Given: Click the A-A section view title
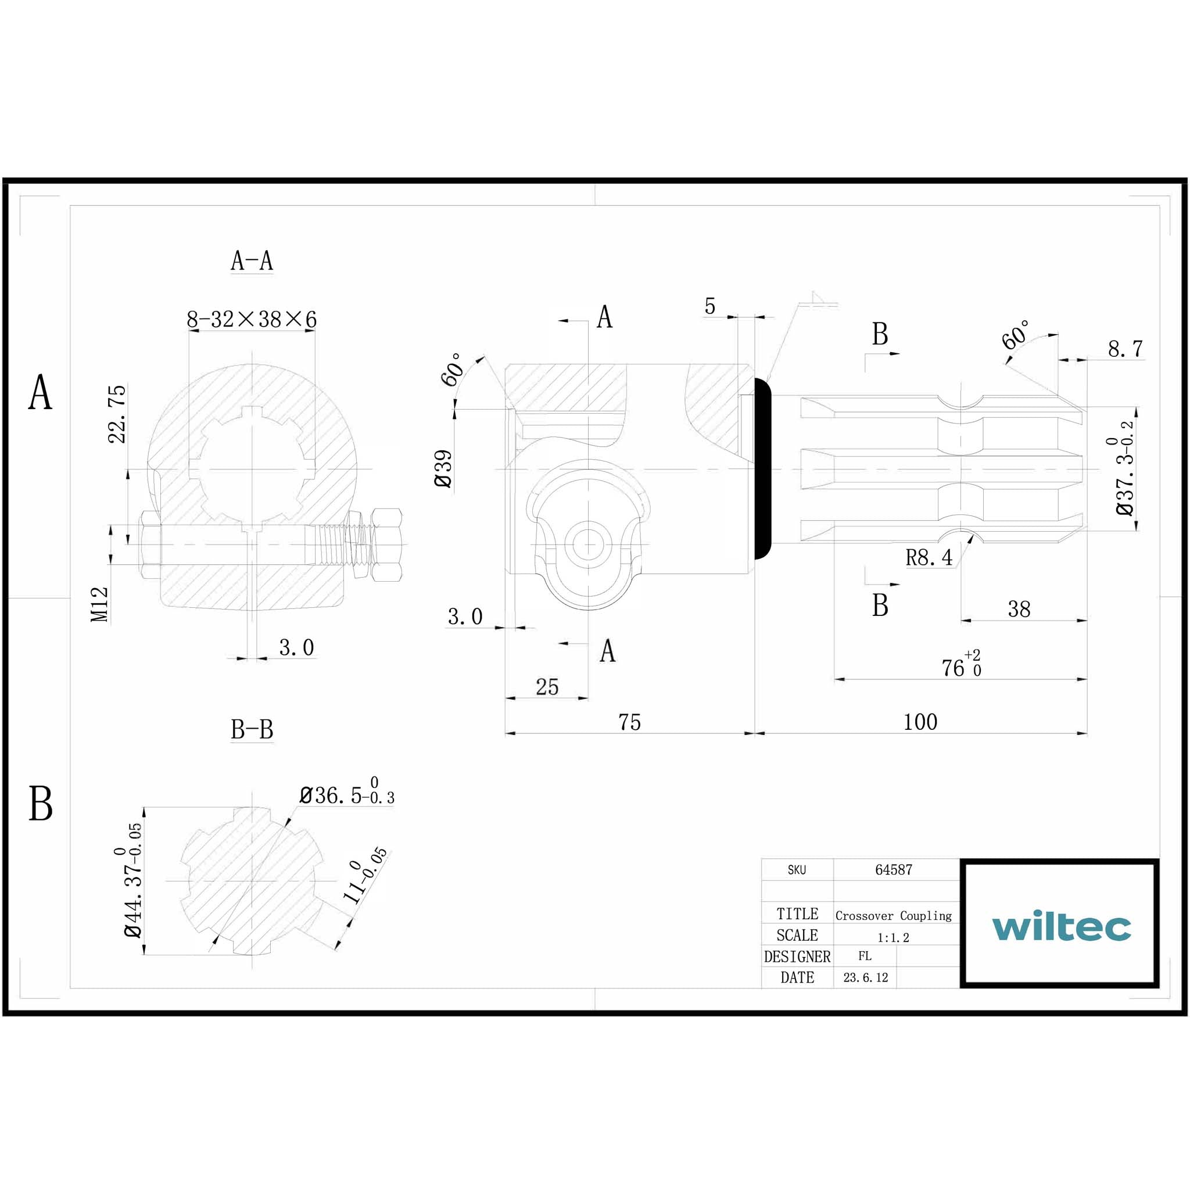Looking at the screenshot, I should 252,260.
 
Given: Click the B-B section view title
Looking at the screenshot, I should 252,729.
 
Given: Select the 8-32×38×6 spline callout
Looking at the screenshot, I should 252,319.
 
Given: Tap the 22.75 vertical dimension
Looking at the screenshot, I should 117,414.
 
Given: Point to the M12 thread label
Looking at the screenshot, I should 99,604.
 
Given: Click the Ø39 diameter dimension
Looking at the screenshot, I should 443,469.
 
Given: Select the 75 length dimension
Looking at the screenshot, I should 629,722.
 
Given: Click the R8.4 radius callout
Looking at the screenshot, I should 928,558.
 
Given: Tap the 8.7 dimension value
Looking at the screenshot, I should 1124,349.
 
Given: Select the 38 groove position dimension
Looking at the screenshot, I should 1019,609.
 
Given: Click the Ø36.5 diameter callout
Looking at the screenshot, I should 346,795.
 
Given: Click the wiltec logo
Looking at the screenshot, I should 1061,926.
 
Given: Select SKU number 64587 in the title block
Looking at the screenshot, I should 893,869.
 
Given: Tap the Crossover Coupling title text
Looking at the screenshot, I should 893,915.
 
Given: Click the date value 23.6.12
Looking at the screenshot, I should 865,977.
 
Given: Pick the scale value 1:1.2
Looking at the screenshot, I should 893,937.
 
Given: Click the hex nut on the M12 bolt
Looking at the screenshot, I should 387,544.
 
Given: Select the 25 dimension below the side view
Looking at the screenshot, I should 547,687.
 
